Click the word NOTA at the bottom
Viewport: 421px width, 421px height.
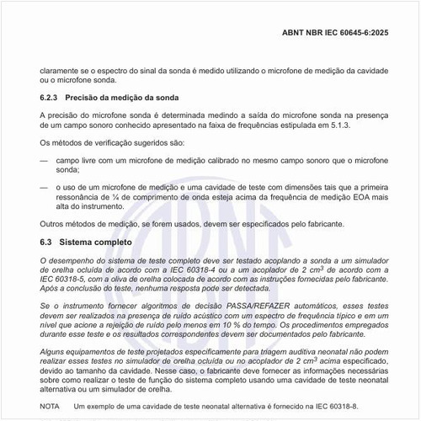(50, 407)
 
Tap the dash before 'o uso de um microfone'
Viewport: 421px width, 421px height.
(45, 188)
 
